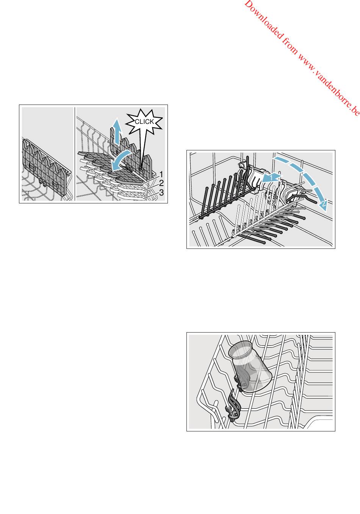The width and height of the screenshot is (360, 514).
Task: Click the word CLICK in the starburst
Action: click(144, 122)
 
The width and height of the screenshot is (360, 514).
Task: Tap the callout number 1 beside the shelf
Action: click(161, 174)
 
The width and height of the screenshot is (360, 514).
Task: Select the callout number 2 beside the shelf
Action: click(161, 183)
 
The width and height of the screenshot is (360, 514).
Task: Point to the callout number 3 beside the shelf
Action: click(161, 192)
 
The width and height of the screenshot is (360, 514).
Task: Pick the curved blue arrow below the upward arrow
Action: click(121, 160)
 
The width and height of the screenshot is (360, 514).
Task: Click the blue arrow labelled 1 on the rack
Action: click(271, 177)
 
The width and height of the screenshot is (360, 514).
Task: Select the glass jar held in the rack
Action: click(250, 366)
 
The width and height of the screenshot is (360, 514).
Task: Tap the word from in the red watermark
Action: click(290, 47)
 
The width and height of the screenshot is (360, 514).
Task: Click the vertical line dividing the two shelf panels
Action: click(75, 154)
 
